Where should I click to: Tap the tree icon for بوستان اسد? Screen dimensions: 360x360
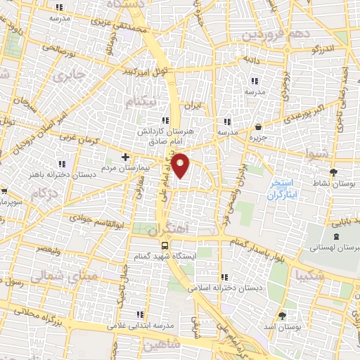(x=282, y=316)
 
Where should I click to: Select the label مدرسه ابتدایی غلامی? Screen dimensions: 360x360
(x=140, y=326)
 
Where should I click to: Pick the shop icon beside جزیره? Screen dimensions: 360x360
(x=259, y=127)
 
